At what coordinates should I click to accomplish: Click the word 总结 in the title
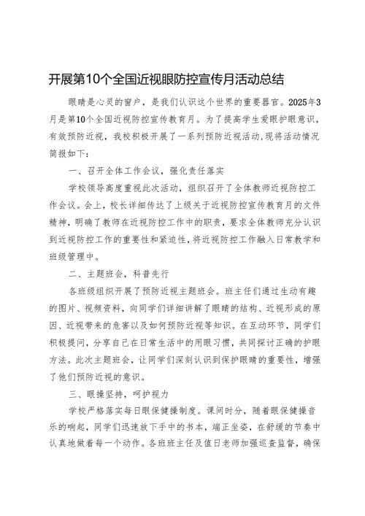(x=272, y=77)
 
